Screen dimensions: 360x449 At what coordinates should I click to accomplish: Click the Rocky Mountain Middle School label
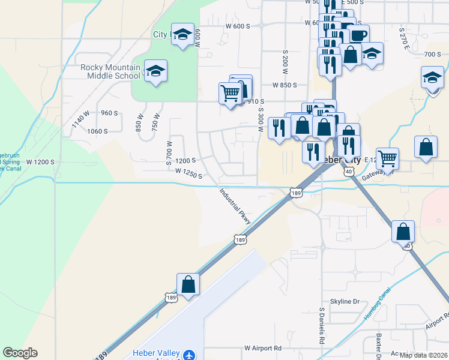point(110,71)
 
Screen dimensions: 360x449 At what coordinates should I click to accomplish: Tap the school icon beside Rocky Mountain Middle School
point(155,71)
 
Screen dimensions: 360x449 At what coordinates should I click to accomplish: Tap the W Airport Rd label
point(263,348)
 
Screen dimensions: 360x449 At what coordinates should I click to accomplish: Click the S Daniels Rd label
point(322,327)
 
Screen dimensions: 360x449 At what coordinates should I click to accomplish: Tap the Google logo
point(20,353)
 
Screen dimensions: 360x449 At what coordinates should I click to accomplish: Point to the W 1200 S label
point(40,162)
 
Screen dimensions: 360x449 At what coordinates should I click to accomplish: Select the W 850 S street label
point(285,85)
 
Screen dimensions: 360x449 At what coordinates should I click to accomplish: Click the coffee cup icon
point(358,35)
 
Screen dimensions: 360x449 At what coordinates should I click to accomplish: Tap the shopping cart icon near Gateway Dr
point(387,159)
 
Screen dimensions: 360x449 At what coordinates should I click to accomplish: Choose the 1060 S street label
point(97,131)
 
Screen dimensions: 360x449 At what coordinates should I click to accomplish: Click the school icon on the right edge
point(432,78)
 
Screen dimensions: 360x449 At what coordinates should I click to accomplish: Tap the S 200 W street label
point(285,59)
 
